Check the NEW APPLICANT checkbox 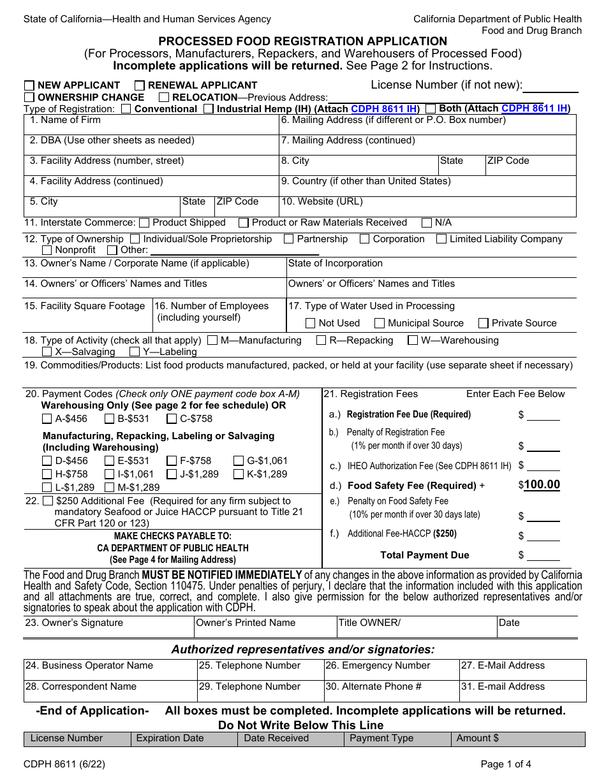29,85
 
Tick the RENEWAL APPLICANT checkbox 140,85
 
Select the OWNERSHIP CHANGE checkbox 29,98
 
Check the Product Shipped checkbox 144,223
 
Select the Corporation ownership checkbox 365,240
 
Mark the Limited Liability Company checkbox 441,240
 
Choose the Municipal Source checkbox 380,324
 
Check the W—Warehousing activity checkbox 413,341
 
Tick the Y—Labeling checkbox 135,352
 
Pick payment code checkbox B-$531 109,419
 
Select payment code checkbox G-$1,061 239,461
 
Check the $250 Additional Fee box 48,502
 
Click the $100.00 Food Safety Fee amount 542,485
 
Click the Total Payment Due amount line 543,556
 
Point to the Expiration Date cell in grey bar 184,739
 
